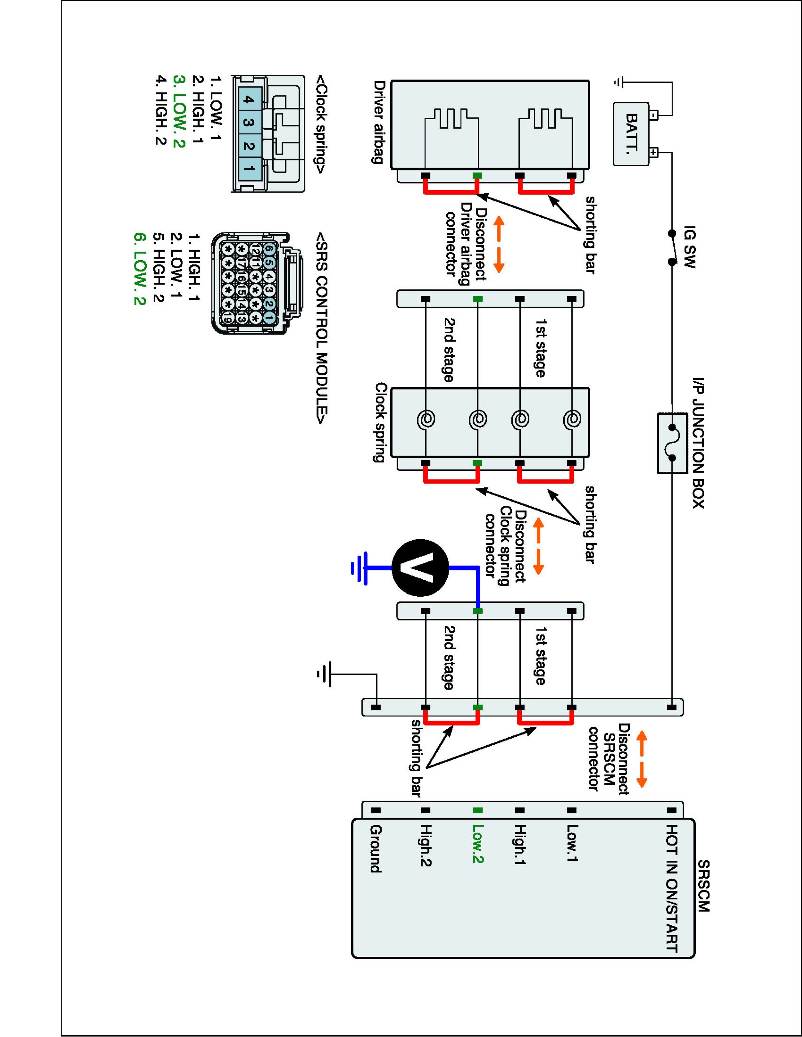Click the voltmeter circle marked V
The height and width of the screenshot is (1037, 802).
pos(420,568)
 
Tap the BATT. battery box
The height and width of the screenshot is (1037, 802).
pos(631,134)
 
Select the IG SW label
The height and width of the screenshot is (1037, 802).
pos(689,247)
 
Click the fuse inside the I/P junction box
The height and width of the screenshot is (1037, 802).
pos(672,443)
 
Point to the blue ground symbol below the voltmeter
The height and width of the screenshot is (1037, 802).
pos(359,568)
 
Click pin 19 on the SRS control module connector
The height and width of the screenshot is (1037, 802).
pos(228,318)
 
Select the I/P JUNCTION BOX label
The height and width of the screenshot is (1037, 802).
pos(698,443)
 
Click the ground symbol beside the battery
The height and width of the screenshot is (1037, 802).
pos(618,82)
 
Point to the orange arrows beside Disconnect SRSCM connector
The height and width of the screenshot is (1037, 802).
pos(641,759)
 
